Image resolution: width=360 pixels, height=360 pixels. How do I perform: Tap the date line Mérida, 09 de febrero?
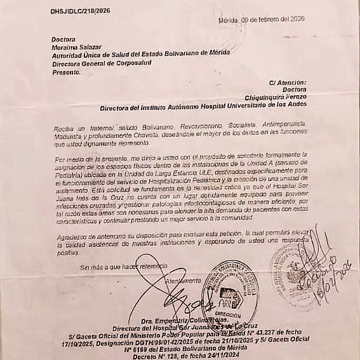pos(261,19)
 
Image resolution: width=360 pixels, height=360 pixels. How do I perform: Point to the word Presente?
pos(66,72)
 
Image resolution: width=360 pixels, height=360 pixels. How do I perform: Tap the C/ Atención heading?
pos(287,83)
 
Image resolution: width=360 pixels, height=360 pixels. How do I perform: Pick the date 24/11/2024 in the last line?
pos(222,355)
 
